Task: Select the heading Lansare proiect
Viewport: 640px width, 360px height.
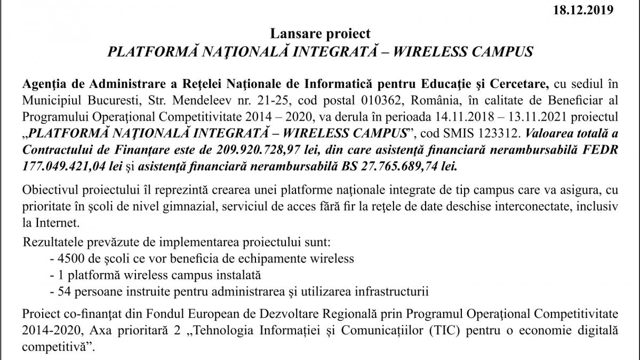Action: point(320,34)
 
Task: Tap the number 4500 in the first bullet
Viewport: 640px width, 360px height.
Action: point(68,259)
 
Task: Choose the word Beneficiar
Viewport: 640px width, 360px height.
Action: point(576,101)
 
